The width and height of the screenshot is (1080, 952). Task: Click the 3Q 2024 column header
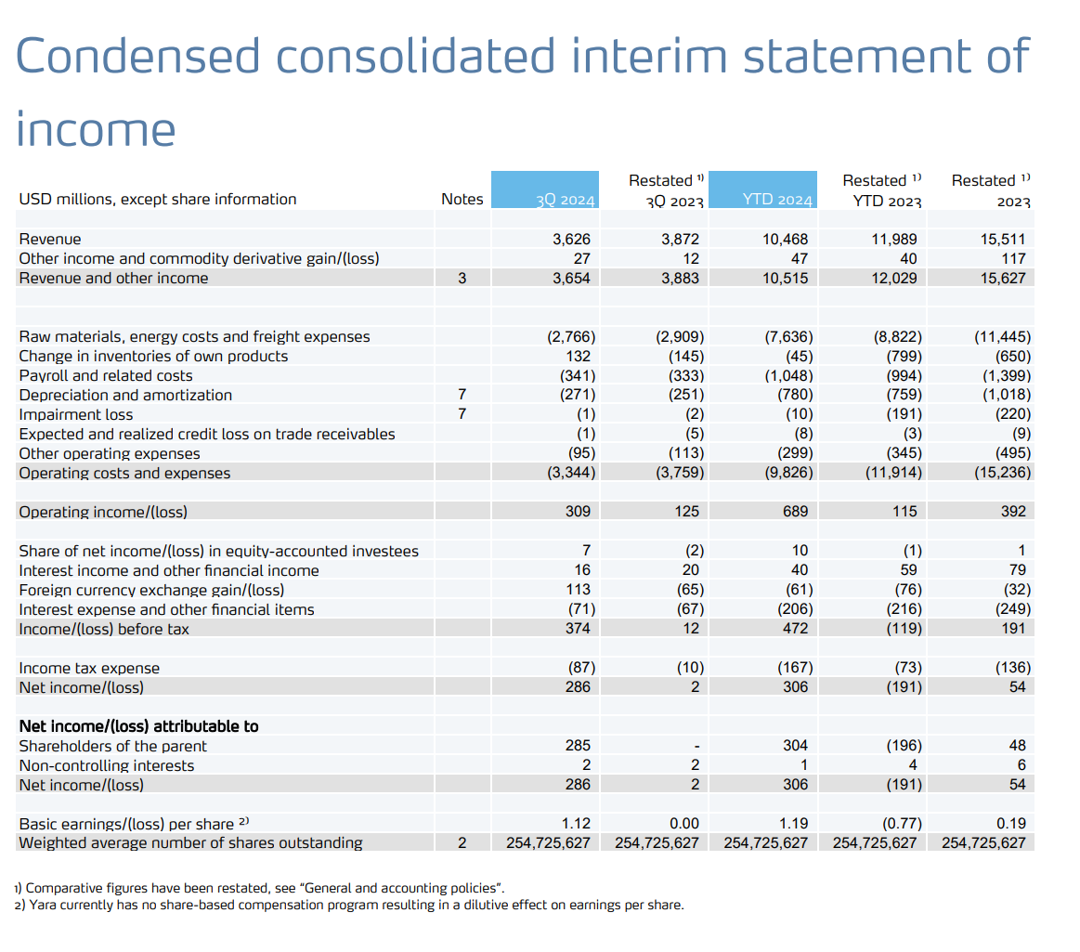[x=565, y=200]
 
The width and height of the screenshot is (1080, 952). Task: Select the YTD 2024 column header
[x=777, y=200]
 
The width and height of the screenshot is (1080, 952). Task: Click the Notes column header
[x=462, y=199]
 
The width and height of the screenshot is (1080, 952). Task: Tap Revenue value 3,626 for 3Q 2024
[x=572, y=239]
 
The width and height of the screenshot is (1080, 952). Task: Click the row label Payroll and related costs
[x=106, y=375]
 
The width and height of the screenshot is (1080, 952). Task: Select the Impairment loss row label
[x=76, y=414]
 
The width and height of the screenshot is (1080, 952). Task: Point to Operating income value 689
[x=795, y=512]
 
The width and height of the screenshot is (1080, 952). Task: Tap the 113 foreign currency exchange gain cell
[x=579, y=590]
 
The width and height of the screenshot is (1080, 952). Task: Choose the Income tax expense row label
[x=89, y=668]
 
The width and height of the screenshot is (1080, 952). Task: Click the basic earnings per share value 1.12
[x=577, y=823]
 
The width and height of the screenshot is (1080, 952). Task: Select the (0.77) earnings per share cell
[x=900, y=823]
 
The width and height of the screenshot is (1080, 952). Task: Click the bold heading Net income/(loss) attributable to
[x=139, y=726]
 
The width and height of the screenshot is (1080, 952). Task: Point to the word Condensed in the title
[x=138, y=56]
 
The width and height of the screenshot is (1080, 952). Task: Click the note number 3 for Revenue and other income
[x=462, y=278]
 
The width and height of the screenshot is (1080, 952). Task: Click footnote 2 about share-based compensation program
[x=349, y=905]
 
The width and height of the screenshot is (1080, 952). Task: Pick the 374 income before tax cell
[x=579, y=629]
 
